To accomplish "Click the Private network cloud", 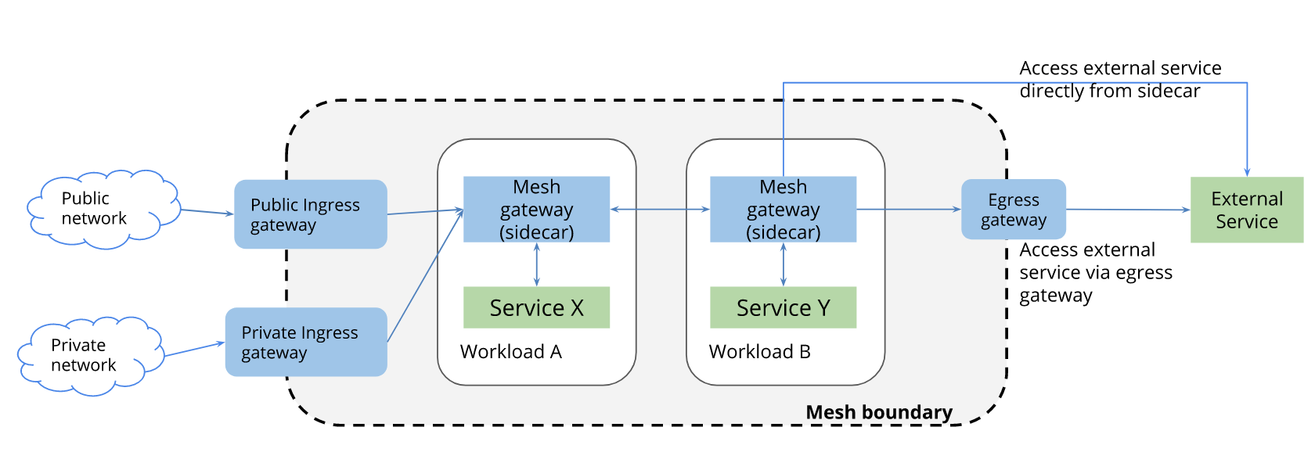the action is pyautogui.click(x=91, y=356).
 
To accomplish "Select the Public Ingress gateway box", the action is pyautogui.click(x=311, y=214).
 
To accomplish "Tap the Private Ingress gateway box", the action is pyautogui.click(x=307, y=342).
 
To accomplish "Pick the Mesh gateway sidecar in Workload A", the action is pyautogui.click(x=537, y=210).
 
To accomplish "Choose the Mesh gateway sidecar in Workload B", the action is pyautogui.click(x=783, y=210).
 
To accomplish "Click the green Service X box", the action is pyautogui.click(x=537, y=307).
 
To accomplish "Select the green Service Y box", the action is pyautogui.click(x=783, y=307).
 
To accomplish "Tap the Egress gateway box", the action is pyautogui.click(x=1014, y=210).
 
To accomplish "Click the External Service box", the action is pyautogui.click(x=1247, y=210).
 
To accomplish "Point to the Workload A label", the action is pyautogui.click(x=510, y=351).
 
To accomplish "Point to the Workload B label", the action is pyautogui.click(x=759, y=351).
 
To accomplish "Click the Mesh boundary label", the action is pyautogui.click(x=879, y=412).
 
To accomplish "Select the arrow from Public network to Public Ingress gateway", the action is pyautogui.click(x=207, y=212).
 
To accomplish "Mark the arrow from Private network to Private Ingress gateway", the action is pyautogui.click(x=195, y=349).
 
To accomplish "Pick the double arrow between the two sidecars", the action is pyautogui.click(x=660, y=210).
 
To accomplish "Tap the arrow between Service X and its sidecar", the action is pyautogui.click(x=537, y=264).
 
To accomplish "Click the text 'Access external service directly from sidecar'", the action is pyautogui.click(x=1120, y=79).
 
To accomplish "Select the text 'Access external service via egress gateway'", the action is pyautogui.click(x=1096, y=272).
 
